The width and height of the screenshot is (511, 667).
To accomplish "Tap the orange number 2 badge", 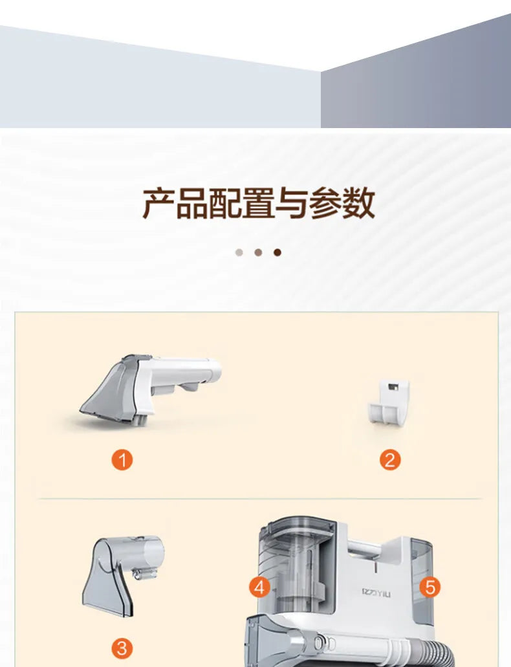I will (x=389, y=460).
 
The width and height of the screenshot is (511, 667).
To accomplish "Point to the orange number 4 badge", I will (x=259, y=587).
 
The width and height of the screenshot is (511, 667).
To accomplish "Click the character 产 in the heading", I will (x=158, y=203).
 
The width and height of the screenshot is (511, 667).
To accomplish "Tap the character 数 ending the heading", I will (x=358, y=203).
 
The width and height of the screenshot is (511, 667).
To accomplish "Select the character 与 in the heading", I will (x=292, y=203).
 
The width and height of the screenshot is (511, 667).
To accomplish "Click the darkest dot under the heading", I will (x=277, y=252).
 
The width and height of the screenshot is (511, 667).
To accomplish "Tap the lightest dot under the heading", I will (x=239, y=252).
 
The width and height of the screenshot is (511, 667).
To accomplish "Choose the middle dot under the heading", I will (x=258, y=252).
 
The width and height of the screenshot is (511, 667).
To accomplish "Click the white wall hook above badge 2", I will (x=389, y=401).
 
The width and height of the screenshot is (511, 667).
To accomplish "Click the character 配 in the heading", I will (x=224, y=203).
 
